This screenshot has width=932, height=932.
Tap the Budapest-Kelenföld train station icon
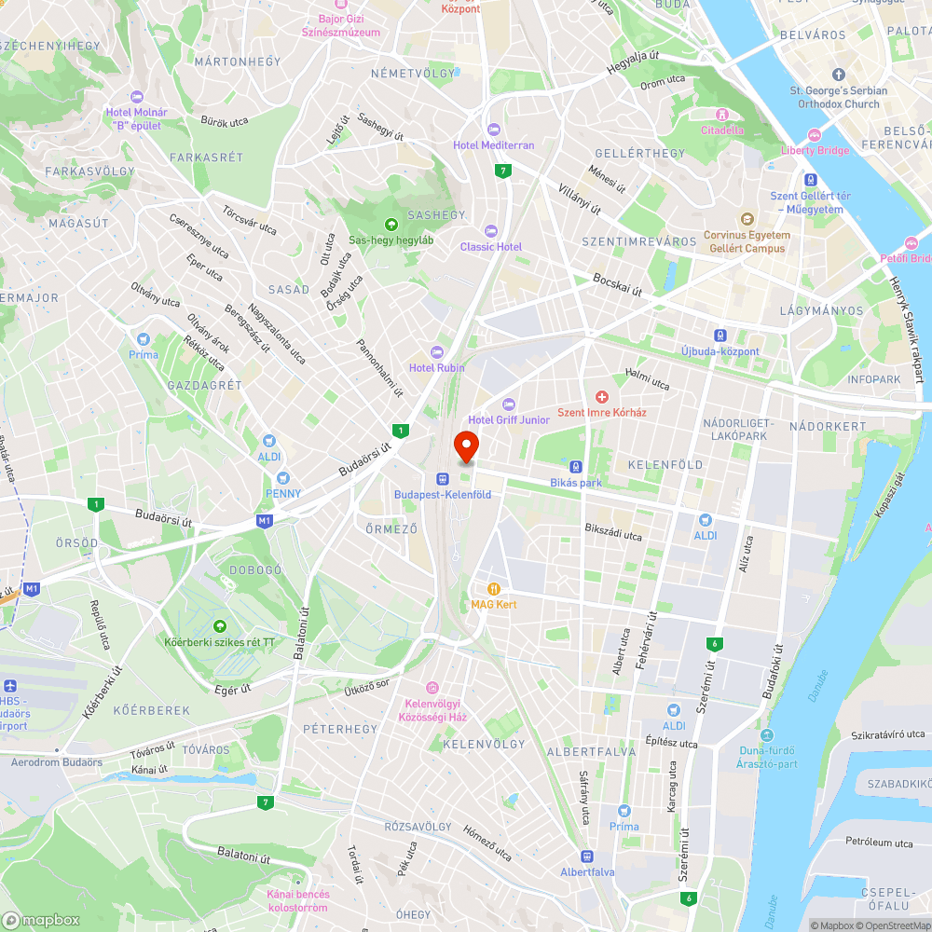click(x=442, y=478)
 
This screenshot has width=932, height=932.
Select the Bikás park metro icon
click(x=577, y=467)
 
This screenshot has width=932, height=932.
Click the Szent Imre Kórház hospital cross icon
click(x=602, y=397)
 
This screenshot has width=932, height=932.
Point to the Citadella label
click(x=722, y=130)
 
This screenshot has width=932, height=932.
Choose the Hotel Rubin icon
click(x=436, y=351)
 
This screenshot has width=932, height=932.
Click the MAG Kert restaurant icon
click(x=494, y=589)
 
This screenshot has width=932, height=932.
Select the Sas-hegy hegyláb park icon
click(x=391, y=224)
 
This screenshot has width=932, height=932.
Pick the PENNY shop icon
click(x=283, y=477)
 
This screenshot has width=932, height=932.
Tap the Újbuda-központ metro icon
click(x=720, y=336)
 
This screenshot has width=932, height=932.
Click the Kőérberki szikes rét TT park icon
click(x=220, y=626)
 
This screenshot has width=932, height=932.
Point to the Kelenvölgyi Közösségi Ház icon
click(x=432, y=688)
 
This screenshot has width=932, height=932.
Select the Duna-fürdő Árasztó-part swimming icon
click(x=768, y=735)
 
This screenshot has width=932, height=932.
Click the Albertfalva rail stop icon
click(x=587, y=856)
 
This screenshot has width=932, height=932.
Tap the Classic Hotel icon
click(x=491, y=231)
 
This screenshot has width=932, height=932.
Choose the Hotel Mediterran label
click(x=494, y=145)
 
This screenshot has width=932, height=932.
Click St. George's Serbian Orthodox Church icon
click(x=838, y=75)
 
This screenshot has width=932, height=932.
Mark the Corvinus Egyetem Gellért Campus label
click(x=747, y=241)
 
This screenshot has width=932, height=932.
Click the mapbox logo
click(x=41, y=920)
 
